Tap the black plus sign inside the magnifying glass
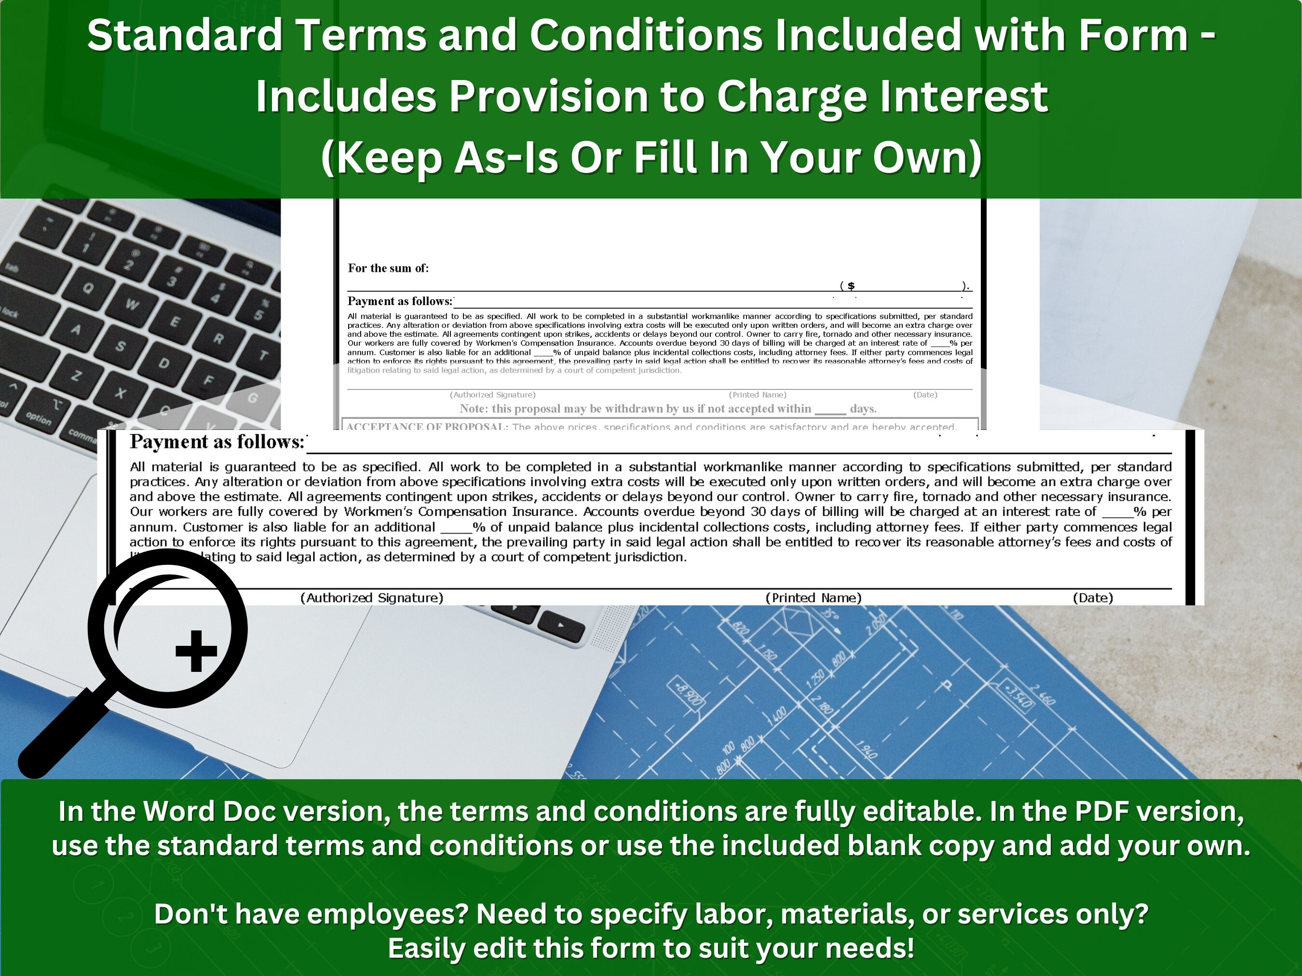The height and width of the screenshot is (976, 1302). click(196, 651)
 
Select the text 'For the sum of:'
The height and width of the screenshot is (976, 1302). click(388, 268)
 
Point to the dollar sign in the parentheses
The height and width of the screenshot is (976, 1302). click(851, 286)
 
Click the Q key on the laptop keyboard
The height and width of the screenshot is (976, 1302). click(88, 288)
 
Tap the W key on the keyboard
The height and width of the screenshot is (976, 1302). click(131, 304)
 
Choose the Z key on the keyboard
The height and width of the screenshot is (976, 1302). click(76, 375)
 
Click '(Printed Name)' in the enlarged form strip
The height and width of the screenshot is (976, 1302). click(813, 598)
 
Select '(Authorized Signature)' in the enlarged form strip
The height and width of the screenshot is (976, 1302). click(371, 598)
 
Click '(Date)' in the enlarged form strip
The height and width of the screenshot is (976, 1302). click(1092, 598)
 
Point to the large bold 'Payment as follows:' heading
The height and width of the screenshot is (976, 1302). click(217, 442)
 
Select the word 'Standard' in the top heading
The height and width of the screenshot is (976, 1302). click(185, 35)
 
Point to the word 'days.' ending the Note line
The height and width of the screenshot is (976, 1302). click(863, 408)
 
